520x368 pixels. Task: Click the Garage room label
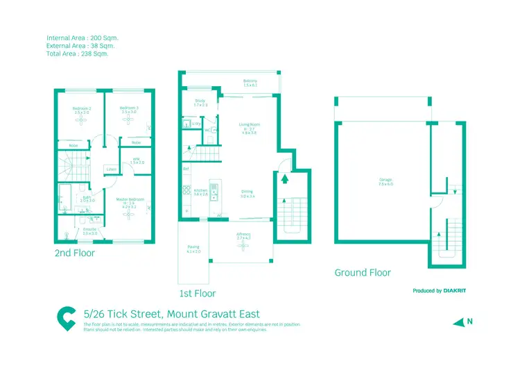tap(385, 181)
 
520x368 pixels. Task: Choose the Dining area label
tap(248, 194)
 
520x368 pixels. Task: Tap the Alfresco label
tap(243, 236)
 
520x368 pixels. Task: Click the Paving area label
tap(193, 249)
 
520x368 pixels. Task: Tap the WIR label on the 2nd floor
tap(136, 161)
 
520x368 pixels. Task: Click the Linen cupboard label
tap(111, 169)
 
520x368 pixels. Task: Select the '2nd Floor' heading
tap(75, 254)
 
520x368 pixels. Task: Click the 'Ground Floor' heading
tap(363, 273)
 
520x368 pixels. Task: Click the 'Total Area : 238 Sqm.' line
tap(78, 53)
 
